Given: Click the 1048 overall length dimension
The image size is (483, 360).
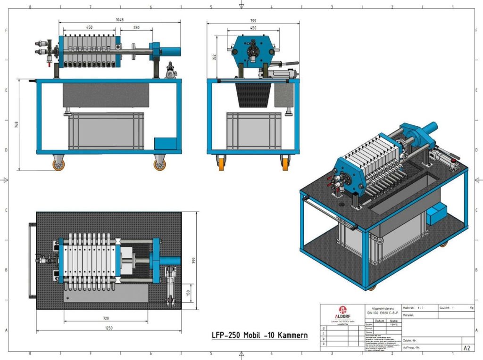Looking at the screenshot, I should pyautogui.click(x=119, y=20).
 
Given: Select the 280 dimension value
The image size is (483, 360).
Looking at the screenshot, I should pyautogui.click(x=136, y=28).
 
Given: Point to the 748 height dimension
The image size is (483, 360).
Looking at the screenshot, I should pyautogui.click(x=16, y=125).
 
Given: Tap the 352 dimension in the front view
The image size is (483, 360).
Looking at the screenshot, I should pyautogui.click(x=214, y=57).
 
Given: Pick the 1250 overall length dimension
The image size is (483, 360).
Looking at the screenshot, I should pyautogui.click(x=109, y=327).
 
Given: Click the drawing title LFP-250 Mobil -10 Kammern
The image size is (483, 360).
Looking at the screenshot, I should pyautogui.click(x=259, y=335).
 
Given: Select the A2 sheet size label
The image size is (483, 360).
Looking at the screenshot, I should pyautogui.click(x=466, y=348).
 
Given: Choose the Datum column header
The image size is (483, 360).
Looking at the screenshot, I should pyautogui.click(x=380, y=320).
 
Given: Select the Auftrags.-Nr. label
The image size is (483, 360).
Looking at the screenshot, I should pyautogui.click(x=411, y=347).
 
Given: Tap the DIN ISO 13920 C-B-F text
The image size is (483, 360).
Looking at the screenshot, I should pyautogui.click(x=383, y=312).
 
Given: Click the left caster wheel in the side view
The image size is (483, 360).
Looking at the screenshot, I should pyautogui.click(x=58, y=164).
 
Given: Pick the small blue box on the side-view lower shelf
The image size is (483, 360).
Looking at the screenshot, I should pyautogui.click(x=166, y=144).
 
